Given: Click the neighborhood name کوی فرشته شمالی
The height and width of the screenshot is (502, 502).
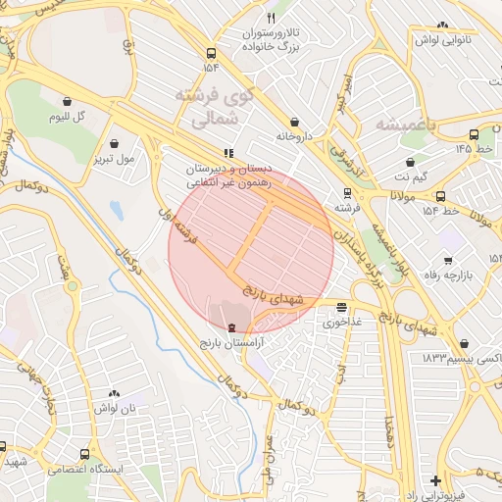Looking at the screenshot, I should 213,108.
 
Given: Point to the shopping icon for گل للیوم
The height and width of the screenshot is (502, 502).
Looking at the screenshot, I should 66,101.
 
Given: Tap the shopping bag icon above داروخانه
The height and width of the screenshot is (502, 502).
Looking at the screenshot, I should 294,123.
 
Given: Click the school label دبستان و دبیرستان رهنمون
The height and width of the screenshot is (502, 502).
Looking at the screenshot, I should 225,176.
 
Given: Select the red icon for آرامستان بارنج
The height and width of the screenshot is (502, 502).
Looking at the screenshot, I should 231,327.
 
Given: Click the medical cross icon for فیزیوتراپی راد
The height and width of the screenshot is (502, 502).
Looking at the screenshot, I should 435,480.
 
